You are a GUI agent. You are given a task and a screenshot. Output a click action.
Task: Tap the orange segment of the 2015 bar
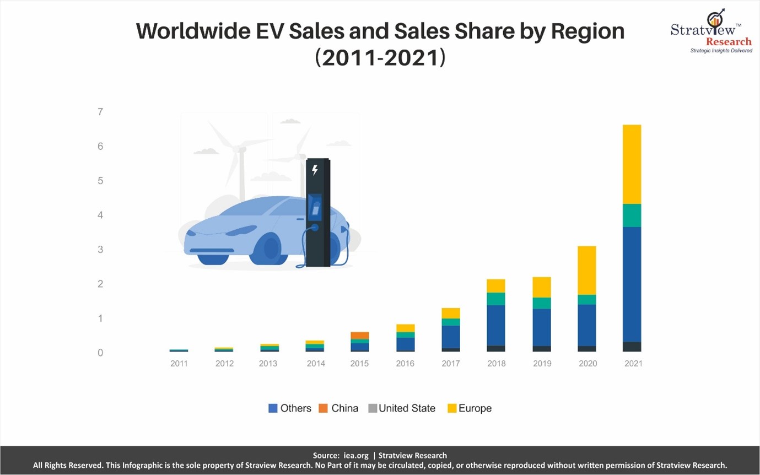tap(360, 336)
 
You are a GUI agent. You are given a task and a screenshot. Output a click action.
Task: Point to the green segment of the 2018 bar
tap(496, 299)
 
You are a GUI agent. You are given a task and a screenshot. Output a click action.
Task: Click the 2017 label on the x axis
tap(451, 364)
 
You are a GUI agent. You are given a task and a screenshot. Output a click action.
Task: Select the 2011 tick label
tap(179, 364)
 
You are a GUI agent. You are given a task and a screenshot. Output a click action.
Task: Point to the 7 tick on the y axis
tap(100, 112)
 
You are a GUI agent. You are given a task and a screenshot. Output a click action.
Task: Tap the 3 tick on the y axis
tap(100, 250)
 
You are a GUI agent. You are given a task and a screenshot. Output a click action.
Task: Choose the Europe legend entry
tap(469, 408)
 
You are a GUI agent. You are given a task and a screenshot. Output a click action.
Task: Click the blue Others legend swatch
tap(273, 408)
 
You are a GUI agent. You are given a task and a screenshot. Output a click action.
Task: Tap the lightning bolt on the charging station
tap(315, 170)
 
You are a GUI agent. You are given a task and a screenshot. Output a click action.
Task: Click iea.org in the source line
tap(357, 456)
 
